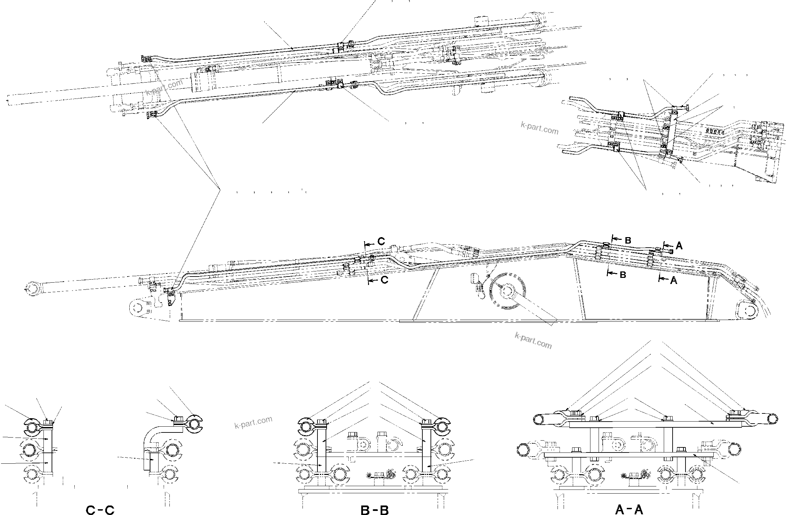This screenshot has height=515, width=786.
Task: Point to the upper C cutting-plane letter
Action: point(381,242)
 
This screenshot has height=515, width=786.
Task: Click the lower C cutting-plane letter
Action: point(384,281)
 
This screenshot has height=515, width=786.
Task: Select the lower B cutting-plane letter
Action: point(623,274)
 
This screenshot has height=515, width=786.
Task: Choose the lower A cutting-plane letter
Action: point(674,281)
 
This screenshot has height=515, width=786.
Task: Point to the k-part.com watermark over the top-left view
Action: point(164,88)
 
